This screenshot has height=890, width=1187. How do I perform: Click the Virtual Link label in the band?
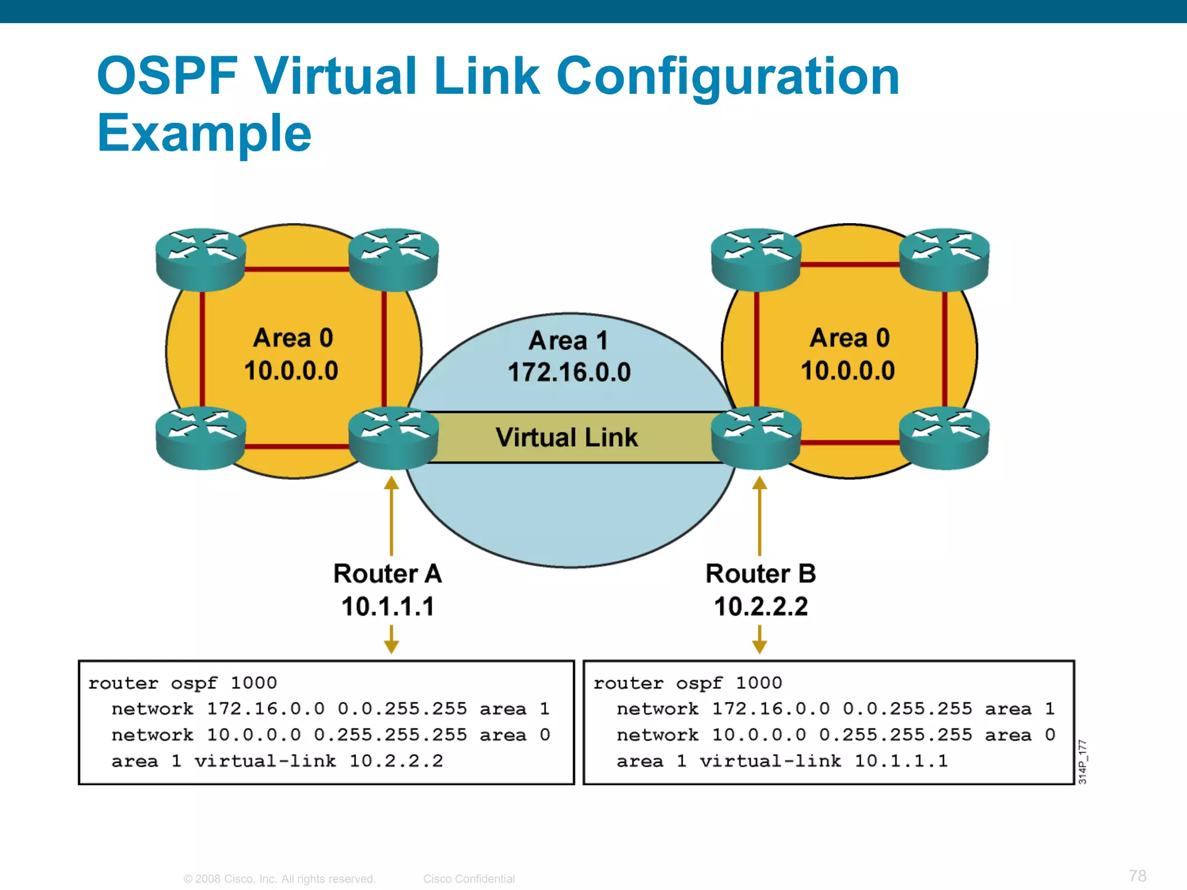(x=566, y=437)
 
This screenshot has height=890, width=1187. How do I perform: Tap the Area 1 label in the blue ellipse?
(x=568, y=341)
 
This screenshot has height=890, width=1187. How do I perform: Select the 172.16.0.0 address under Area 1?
(x=569, y=372)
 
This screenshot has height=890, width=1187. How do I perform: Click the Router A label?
(x=387, y=574)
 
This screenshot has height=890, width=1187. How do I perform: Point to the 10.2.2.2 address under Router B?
(x=760, y=607)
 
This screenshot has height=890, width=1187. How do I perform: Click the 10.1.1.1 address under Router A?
(x=387, y=607)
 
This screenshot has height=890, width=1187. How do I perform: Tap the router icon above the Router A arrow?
(x=393, y=437)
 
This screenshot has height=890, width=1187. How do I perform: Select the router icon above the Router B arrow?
(x=756, y=437)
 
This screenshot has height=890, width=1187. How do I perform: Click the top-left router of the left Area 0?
(x=201, y=259)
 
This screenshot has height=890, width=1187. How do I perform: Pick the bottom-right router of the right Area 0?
(x=944, y=437)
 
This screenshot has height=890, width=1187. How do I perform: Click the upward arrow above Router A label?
(x=392, y=516)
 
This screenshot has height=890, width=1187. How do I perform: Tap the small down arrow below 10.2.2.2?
(x=760, y=640)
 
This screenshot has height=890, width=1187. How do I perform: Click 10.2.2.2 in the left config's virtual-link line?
(x=396, y=761)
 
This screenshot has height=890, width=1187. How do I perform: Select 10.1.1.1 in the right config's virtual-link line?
(x=901, y=761)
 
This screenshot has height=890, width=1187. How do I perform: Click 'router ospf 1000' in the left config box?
(x=183, y=683)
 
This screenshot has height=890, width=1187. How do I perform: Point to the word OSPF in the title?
(x=168, y=76)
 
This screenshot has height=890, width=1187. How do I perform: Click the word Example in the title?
(x=204, y=133)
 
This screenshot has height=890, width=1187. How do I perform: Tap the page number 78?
(x=1137, y=876)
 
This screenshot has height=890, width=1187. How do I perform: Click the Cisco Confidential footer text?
(x=468, y=879)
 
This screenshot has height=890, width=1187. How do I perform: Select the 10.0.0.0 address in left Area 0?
(x=291, y=371)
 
